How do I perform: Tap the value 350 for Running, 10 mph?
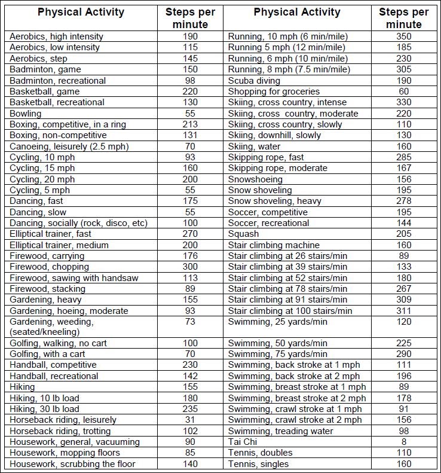click(404, 36)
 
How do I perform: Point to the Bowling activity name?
click(26, 113)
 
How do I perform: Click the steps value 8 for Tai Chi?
click(404, 442)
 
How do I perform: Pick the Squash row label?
click(244, 234)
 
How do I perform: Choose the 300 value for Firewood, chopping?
click(191, 267)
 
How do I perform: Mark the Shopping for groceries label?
click(274, 91)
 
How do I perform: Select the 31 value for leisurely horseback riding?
click(191, 420)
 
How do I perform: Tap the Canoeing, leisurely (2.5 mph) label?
click(69, 146)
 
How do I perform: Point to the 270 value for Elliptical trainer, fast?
click(191, 234)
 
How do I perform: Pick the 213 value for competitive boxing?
click(191, 124)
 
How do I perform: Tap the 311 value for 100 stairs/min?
click(404, 310)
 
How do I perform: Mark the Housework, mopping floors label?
click(65, 453)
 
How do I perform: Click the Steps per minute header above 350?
click(404, 18)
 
